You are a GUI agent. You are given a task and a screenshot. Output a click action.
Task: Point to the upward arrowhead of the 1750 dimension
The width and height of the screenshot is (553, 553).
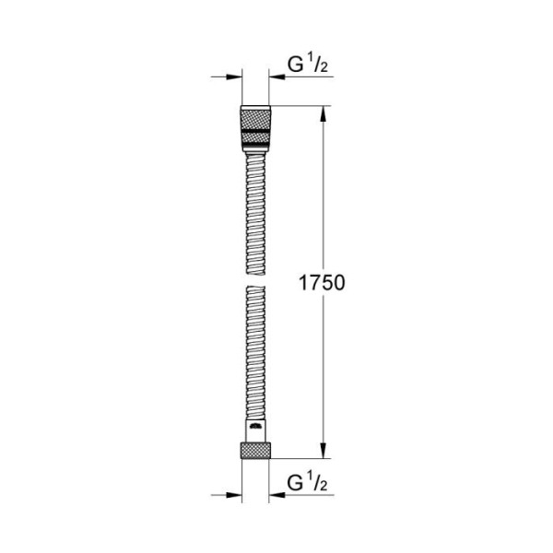coord(323,115)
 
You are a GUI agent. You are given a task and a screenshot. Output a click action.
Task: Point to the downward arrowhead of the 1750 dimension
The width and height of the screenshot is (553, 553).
coord(323,450)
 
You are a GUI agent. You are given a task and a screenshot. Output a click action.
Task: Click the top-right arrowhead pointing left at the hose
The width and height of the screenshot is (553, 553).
coord(276,78)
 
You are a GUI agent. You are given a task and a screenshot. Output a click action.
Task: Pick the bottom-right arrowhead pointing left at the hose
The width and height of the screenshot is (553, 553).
coord(276,495)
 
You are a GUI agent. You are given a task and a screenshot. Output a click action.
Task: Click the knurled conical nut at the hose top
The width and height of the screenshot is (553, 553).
coord(255,120)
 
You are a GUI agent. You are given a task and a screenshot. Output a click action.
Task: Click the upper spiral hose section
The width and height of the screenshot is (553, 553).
coord(255,207)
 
